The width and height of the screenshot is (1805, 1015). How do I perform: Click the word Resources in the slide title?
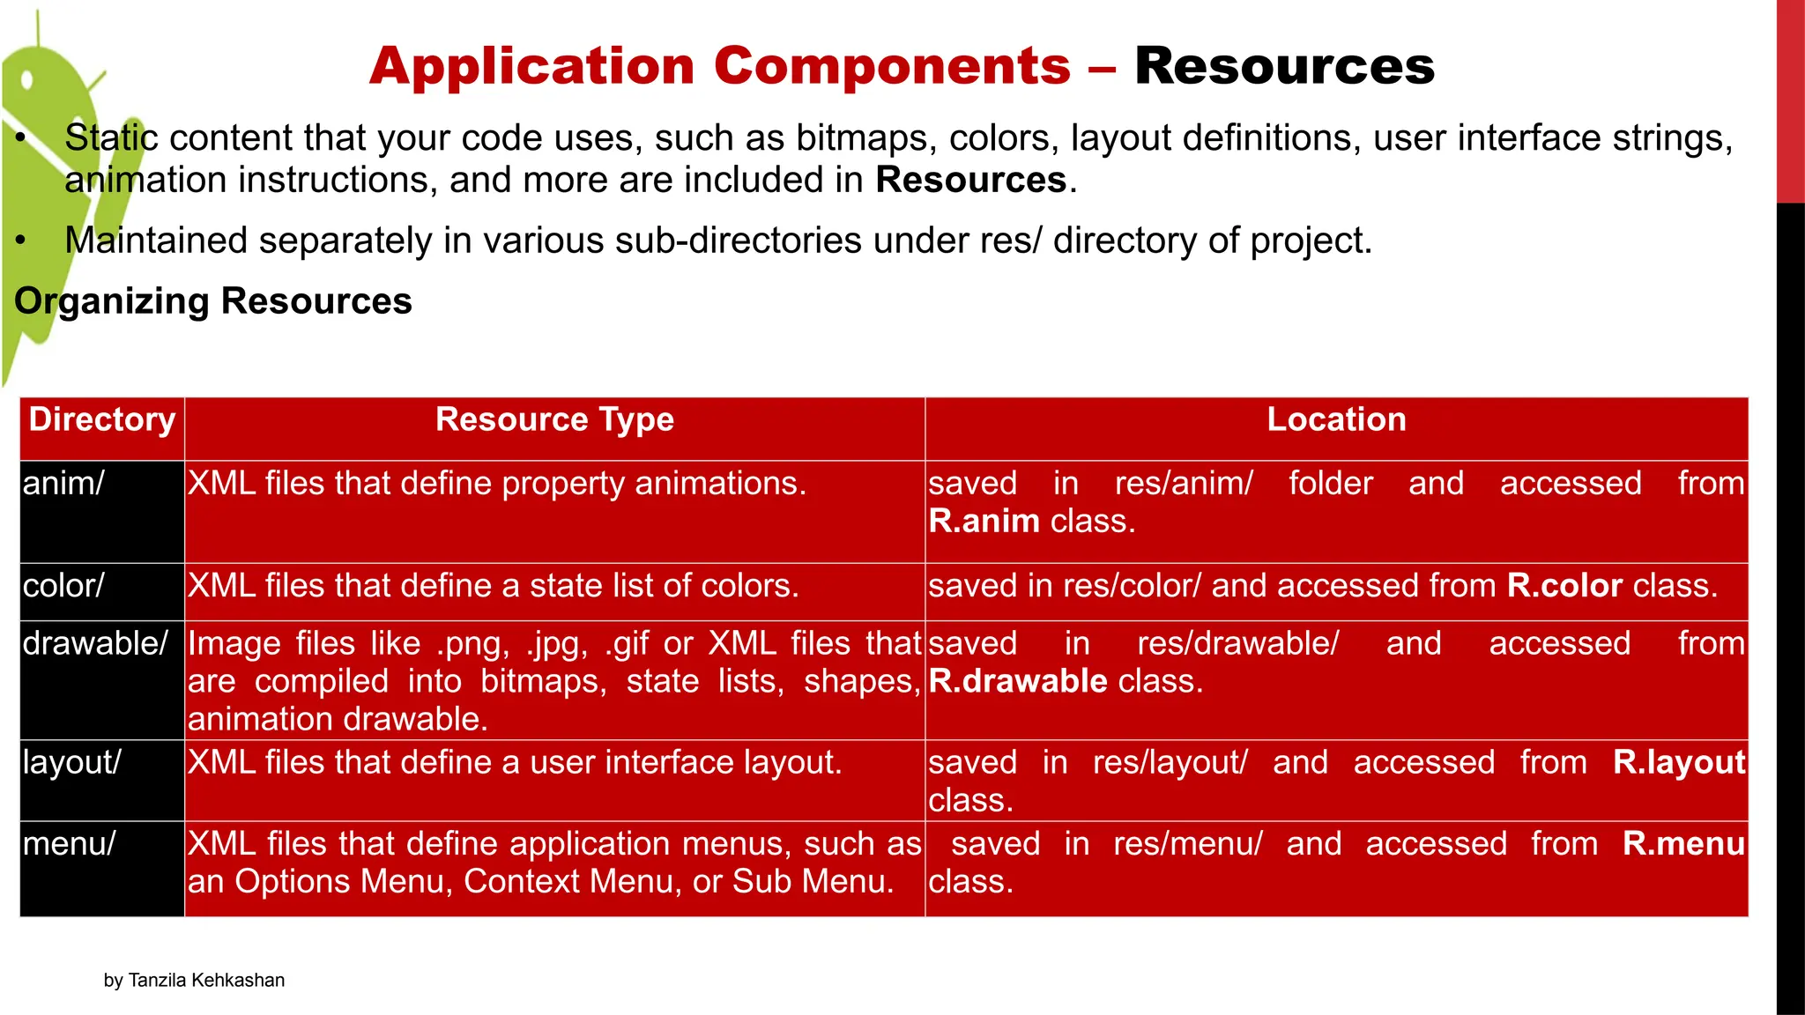point(1284,66)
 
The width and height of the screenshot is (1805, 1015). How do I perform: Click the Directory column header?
point(102,419)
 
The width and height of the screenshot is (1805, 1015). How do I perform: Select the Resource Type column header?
point(554,419)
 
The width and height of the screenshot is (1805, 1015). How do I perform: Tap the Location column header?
point(1336,419)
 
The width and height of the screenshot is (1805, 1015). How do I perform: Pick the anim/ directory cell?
point(63,484)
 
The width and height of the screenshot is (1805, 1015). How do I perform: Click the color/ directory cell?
point(63,586)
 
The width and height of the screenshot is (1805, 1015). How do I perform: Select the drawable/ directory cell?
point(95,644)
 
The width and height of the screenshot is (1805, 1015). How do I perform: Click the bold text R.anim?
point(984,522)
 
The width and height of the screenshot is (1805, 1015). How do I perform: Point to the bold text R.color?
point(1564,586)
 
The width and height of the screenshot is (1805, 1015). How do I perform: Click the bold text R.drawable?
point(1017,681)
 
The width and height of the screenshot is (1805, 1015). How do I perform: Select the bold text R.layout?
point(1678,763)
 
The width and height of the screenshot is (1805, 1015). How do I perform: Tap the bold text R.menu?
point(1682,844)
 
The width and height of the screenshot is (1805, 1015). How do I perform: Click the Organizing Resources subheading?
point(213,301)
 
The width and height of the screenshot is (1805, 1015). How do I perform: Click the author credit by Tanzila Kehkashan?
point(194,981)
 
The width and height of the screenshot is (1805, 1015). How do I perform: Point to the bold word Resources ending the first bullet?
point(970,181)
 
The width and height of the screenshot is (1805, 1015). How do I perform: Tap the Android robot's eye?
point(27,80)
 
